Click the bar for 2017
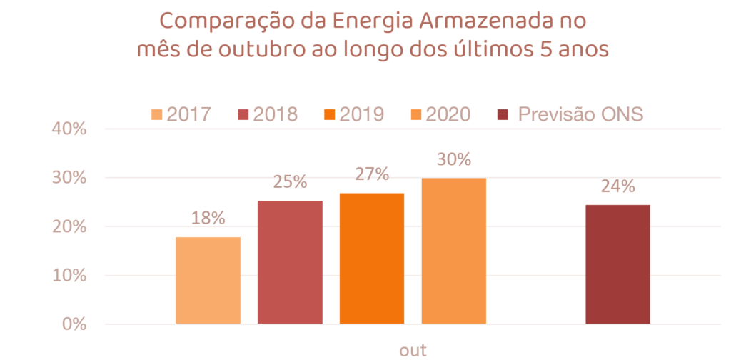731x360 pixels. [x=208, y=280]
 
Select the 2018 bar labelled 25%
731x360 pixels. [x=290, y=262]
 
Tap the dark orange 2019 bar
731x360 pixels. [x=372, y=258]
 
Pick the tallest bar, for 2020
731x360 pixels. [x=454, y=251]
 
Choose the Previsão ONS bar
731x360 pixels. [x=617, y=264]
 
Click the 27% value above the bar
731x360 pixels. [x=372, y=174]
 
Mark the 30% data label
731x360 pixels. [x=454, y=159]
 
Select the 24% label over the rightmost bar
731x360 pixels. [x=617, y=186]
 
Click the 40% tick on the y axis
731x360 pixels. [x=69, y=129]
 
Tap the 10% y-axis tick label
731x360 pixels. [x=69, y=276]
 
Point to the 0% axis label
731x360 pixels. [x=73, y=324]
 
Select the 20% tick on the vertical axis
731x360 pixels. [x=69, y=227]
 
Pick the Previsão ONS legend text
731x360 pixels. [x=581, y=114]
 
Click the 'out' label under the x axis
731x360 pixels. [x=413, y=350]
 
